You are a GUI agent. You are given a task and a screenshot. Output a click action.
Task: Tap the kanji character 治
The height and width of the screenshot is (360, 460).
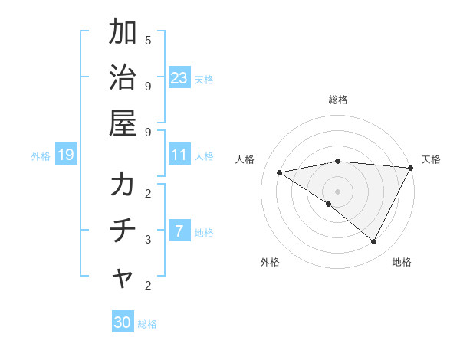click(x=123, y=78)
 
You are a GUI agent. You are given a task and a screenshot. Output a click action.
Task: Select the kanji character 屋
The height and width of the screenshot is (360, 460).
click(x=123, y=123)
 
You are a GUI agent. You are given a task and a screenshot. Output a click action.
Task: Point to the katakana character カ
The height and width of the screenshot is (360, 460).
click(x=123, y=186)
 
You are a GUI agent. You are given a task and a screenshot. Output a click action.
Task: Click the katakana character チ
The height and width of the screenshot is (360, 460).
click(x=123, y=231)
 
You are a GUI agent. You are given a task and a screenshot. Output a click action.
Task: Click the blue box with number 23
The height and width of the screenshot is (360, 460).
click(x=179, y=78)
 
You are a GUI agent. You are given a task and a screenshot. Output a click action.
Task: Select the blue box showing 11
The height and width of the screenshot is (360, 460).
click(x=179, y=155)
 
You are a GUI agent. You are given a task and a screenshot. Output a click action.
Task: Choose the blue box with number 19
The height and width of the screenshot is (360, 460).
click(x=65, y=155)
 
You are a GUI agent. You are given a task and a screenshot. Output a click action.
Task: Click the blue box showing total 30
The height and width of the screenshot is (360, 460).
click(x=123, y=322)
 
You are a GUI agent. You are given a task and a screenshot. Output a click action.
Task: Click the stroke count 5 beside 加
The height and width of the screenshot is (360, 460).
click(x=148, y=40)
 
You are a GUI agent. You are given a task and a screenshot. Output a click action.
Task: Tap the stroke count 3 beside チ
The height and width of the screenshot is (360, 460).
click(x=148, y=239)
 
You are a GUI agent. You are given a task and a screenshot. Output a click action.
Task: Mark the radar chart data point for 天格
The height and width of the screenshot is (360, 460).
click(x=411, y=168)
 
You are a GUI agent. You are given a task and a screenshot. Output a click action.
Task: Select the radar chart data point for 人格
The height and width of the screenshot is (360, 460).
click(x=280, y=172)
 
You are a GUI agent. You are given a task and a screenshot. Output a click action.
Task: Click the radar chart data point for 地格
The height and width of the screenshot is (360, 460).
click(x=374, y=242)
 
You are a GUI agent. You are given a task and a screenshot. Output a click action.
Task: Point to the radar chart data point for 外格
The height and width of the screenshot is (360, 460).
click(x=329, y=204)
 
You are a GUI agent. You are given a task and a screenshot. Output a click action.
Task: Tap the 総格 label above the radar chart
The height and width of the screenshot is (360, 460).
click(x=338, y=100)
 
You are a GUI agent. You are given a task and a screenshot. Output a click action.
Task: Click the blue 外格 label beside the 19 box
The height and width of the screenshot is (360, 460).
click(x=41, y=156)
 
